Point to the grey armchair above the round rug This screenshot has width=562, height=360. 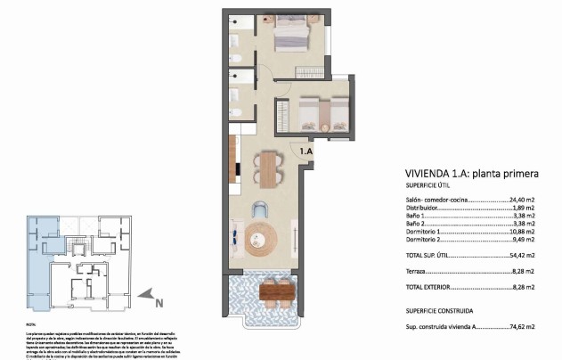259,210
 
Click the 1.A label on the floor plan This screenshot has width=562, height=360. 305,152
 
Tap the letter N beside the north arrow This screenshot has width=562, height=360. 159,302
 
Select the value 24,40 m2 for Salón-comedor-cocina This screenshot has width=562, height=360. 520,200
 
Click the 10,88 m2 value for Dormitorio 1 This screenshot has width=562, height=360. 520,231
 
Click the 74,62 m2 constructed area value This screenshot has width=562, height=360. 520,328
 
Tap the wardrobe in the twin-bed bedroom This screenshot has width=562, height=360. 281,116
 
